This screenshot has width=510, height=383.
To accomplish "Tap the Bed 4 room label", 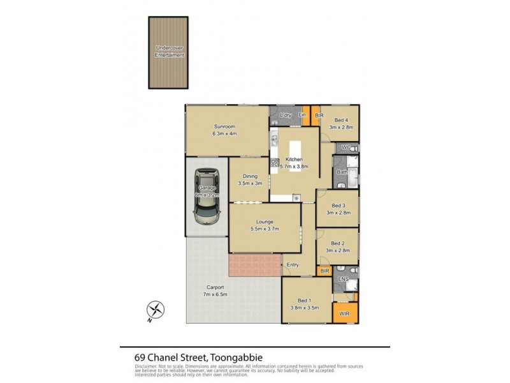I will coord(341,124).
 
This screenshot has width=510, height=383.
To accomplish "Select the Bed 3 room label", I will coord(339,209).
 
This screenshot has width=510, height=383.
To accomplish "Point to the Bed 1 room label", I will coord(308,304).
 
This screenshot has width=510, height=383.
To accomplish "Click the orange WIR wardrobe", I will coord(345,313).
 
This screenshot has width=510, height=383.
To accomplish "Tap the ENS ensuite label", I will coord(342,280).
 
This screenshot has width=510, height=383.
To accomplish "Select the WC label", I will coord(345,148).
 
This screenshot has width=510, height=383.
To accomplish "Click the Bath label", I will coord(342,172).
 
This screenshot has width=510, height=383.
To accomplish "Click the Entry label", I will coord(293,265).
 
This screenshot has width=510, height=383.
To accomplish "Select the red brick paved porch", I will coord(255,265).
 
